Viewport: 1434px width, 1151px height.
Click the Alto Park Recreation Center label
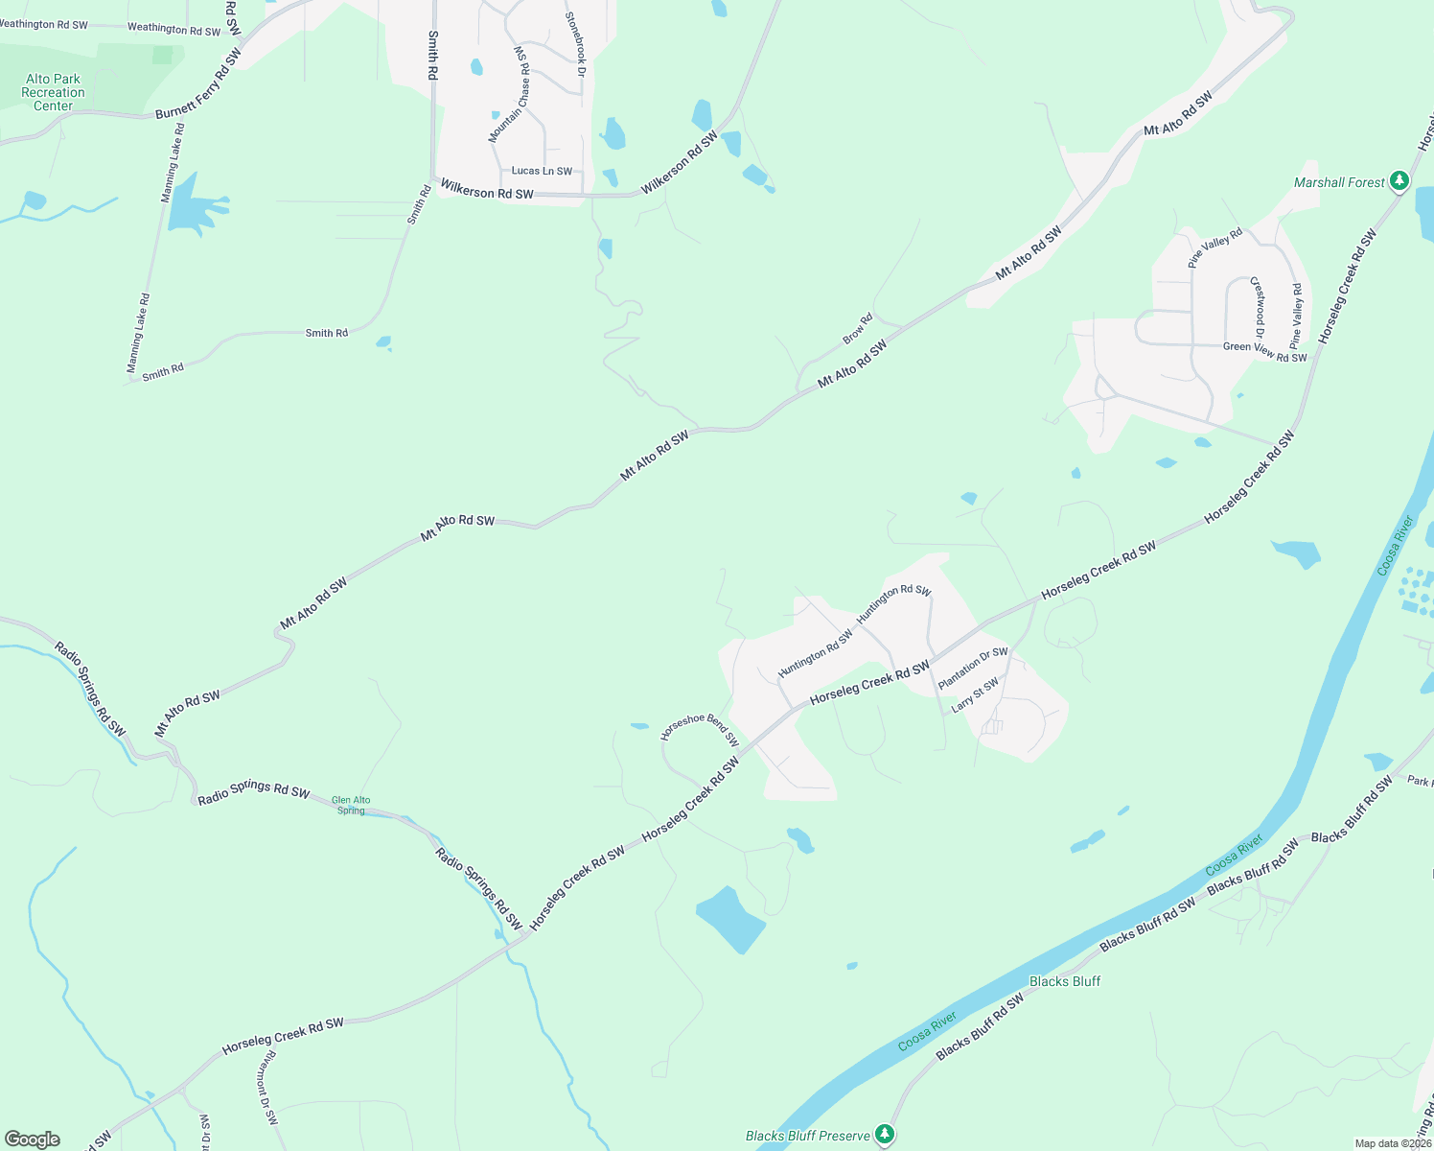click(x=54, y=92)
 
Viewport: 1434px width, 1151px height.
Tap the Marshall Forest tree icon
click(x=1399, y=180)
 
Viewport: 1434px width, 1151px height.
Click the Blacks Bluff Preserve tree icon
click(x=886, y=1134)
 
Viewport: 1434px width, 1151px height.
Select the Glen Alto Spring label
click(x=351, y=805)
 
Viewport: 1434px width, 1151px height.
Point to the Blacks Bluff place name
click(x=1065, y=981)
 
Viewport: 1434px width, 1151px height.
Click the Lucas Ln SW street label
click(x=542, y=171)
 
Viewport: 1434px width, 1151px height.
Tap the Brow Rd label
click(x=858, y=329)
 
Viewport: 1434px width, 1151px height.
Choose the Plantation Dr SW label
click(x=973, y=668)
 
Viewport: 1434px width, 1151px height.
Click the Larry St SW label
click(x=975, y=694)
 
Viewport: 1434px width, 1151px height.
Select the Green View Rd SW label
click(x=1264, y=352)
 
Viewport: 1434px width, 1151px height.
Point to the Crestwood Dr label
click(x=1258, y=307)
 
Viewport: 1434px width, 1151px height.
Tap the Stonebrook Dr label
click(x=574, y=44)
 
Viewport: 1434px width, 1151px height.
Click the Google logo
click(x=33, y=1139)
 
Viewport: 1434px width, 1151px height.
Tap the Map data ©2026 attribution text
click(x=1393, y=1143)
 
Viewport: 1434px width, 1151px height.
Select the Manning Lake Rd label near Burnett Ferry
click(x=173, y=163)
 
